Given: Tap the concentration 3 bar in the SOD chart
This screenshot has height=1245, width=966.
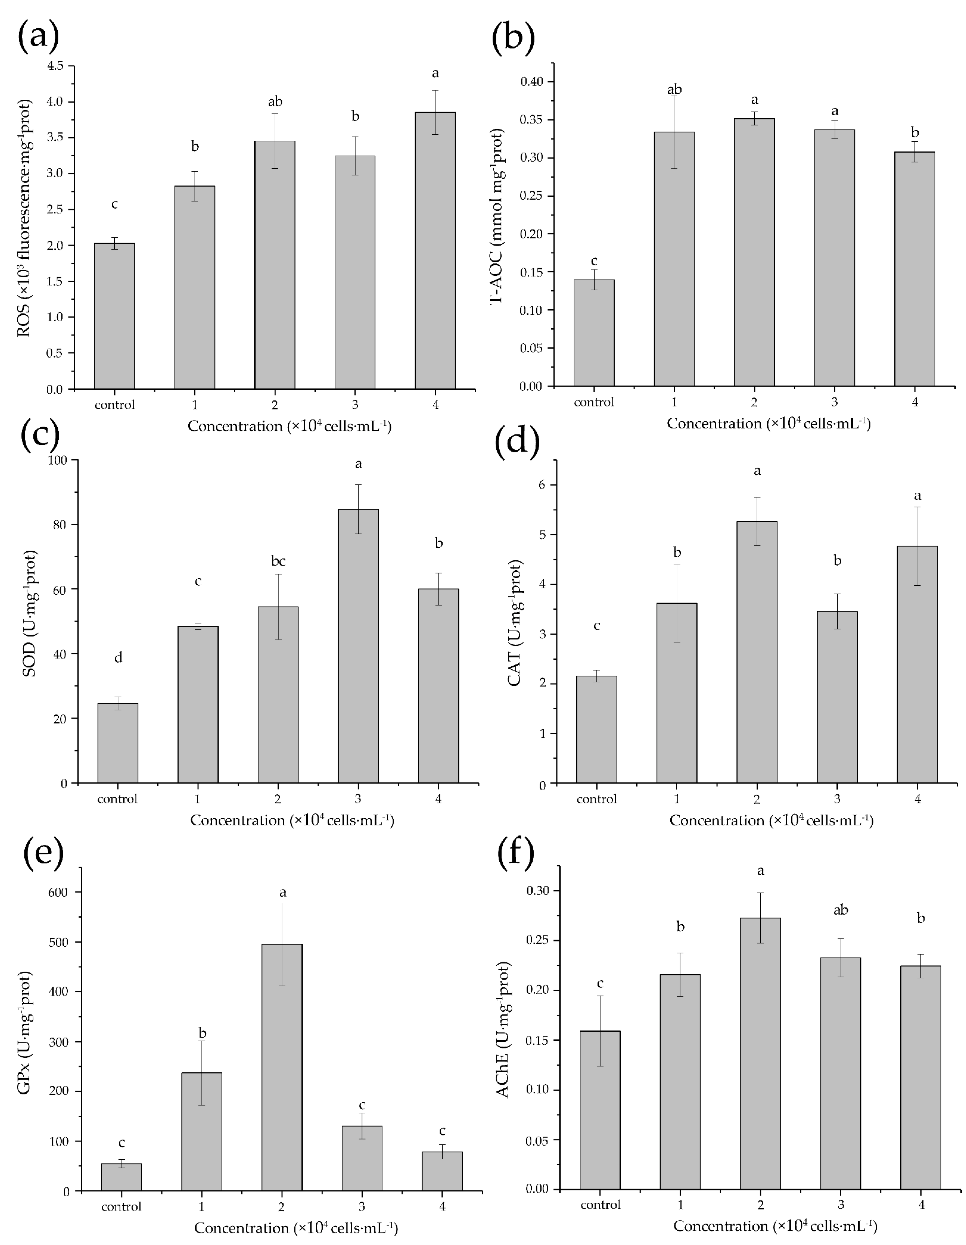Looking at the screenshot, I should coord(358,646).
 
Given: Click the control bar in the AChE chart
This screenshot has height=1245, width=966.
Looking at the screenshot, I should coord(600,1109).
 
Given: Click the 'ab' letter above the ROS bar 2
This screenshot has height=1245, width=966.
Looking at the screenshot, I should coord(275,102).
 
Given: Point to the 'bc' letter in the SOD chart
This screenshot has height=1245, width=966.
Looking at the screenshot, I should coord(278,561).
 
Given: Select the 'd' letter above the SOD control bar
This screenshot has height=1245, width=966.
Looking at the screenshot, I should coord(118,658).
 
